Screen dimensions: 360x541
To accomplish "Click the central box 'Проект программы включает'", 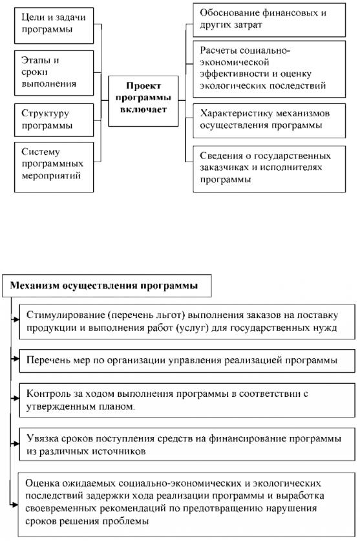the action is tap(143, 101).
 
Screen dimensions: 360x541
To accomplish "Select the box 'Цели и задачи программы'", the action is tap(54, 26).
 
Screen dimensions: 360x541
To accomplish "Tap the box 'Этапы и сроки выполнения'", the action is tap(54, 73).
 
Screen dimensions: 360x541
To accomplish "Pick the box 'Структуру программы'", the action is tap(54, 120).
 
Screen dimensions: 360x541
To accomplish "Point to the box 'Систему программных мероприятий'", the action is tap(54, 167).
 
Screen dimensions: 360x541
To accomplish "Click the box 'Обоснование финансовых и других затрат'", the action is tap(270, 19).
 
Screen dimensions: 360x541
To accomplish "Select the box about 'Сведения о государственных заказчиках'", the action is tap(270, 169).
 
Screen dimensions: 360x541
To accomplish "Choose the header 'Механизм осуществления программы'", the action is tap(107, 286).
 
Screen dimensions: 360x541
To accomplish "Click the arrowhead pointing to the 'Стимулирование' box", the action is tap(16, 320).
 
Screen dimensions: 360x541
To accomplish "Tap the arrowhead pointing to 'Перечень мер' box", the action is tap(16, 359).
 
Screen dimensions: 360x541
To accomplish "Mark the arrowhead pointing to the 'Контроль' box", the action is tap(16, 398).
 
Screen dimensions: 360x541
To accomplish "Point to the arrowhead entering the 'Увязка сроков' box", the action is tap(16, 443).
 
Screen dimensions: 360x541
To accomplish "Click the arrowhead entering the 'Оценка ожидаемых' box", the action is tap(15, 505).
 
